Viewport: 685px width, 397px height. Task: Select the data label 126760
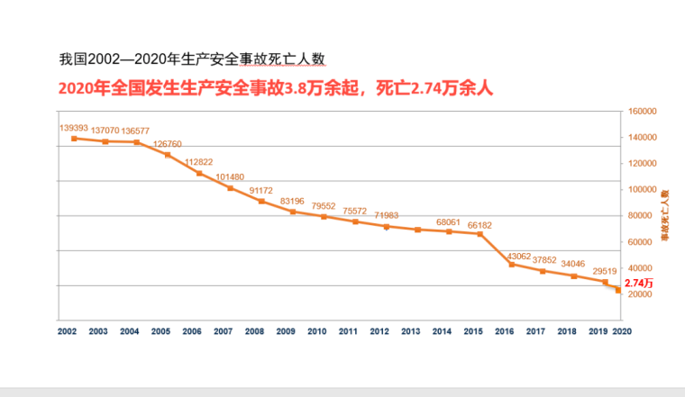pos(168,144)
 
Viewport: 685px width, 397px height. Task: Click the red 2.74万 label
pos(638,283)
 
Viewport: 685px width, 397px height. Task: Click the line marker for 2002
pos(75,138)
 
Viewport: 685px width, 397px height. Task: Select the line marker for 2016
pos(511,265)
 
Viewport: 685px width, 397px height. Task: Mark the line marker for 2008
pos(261,201)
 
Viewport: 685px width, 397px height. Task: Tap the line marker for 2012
pos(387,227)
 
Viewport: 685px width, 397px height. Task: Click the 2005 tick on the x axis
pos(160,331)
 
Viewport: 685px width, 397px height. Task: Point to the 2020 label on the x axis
pos(622,331)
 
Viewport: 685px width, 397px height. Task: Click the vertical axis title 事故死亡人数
pos(665,216)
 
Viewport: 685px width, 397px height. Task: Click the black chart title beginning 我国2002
pos(191,59)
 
